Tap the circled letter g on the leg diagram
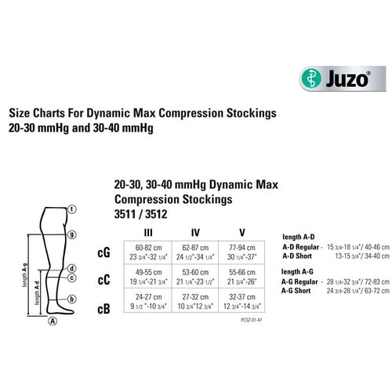[x=71, y=234]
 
